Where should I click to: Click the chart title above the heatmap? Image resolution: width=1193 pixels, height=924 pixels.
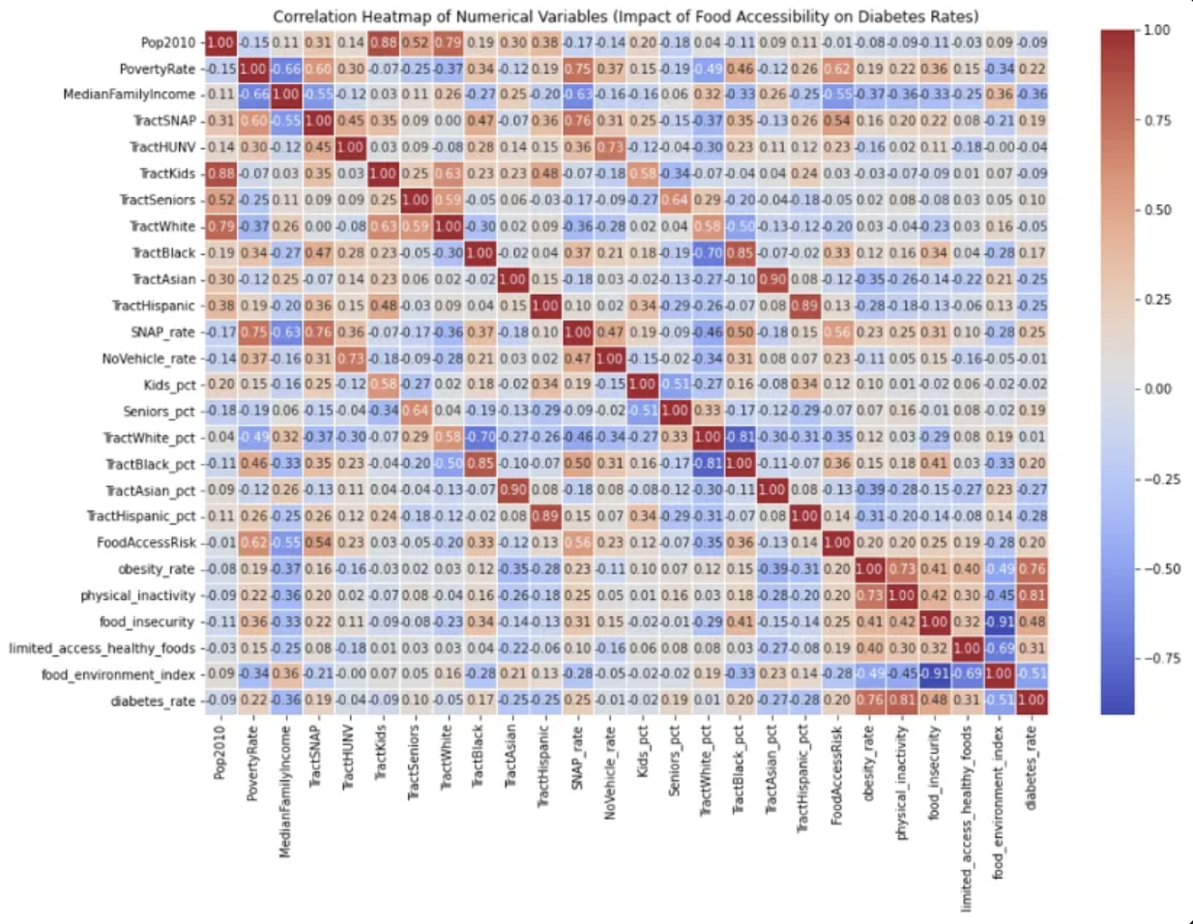pos(626,16)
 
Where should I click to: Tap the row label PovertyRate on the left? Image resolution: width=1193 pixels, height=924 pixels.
pos(157,70)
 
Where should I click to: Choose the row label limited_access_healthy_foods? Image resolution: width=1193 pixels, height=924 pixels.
pos(102,649)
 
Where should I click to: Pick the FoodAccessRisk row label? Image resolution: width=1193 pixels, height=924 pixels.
pos(146,543)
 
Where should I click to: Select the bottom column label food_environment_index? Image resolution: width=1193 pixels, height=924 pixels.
pos(999,802)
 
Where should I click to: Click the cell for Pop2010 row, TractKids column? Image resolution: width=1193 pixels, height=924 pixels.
pos(383,43)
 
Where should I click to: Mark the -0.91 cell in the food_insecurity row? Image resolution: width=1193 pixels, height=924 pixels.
pos(1000,622)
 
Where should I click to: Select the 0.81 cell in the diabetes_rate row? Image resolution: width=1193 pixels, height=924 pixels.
pos(902,701)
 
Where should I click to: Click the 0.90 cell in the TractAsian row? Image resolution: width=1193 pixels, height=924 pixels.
pos(772,279)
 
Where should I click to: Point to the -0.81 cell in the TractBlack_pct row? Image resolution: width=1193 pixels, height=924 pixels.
pos(708,464)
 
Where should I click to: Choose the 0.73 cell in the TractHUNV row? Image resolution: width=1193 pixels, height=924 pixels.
pos(610,148)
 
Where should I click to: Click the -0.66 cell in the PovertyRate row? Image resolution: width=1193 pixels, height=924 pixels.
pos(285,70)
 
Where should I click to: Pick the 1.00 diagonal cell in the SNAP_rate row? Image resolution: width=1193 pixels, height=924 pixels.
pos(577,332)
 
